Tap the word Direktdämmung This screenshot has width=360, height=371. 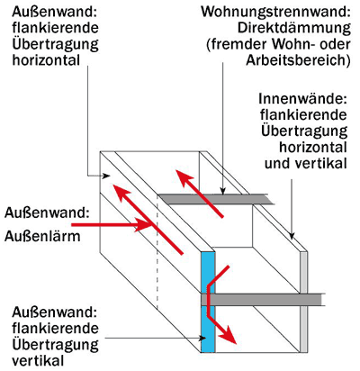294,28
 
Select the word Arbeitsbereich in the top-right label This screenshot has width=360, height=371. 298,60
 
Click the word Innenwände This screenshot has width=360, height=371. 303,99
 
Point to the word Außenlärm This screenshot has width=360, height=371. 42,237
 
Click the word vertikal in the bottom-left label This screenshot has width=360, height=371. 38,360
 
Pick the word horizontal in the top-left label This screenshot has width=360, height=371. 46,60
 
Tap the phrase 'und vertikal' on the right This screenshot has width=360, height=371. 306,164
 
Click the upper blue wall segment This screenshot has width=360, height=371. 208,272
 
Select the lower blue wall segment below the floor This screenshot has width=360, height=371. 208,329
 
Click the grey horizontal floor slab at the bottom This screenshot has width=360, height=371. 261,300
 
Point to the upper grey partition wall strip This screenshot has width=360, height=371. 215,199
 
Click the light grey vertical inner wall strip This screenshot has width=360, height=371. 303,302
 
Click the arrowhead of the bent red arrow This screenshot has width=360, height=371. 229,335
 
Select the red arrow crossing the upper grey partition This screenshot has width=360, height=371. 200,194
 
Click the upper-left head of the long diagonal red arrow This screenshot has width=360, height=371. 120,194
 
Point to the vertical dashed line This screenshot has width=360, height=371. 157,253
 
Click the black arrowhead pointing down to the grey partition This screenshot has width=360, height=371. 222,191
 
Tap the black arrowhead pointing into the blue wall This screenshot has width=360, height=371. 202,338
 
